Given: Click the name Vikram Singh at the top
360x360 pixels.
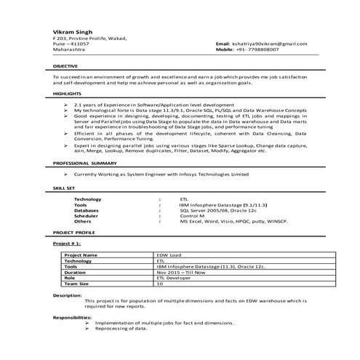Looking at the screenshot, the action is pyautogui.click(x=71, y=31).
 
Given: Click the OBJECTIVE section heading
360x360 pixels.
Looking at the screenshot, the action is pyautogui.click(x=66, y=65).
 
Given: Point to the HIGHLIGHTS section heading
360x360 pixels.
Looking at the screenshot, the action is pyautogui.click(x=67, y=94).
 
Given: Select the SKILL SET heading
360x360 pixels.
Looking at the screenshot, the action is pyautogui.click(x=64, y=187).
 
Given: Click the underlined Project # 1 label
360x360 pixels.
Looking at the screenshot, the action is pyautogui.click(x=66, y=245).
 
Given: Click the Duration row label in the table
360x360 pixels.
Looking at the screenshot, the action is pyautogui.click(x=75, y=272).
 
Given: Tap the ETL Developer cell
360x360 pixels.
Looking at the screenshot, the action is pyautogui.click(x=172, y=278).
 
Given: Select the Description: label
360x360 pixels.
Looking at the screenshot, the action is pyautogui.click(x=67, y=295).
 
